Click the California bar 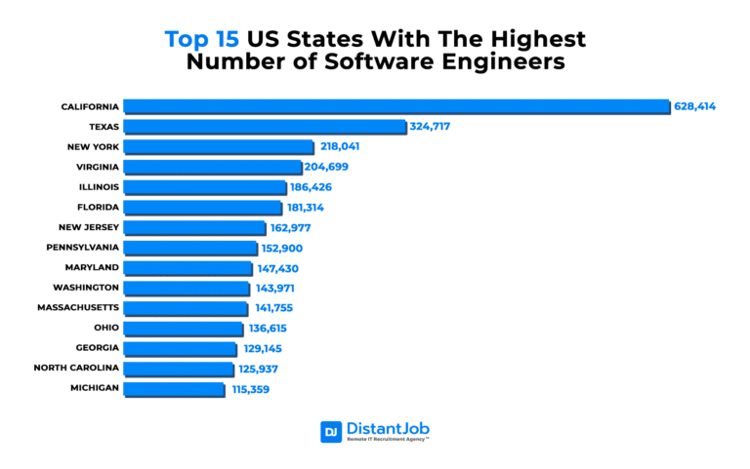(396, 105)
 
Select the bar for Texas (264, 126)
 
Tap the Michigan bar (174, 388)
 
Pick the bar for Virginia (212, 167)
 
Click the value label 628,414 (694, 105)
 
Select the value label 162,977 (296, 227)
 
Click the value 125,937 (262, 369)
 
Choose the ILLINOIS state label (99, 186)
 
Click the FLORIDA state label (98, 207)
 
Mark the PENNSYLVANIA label (83, 248)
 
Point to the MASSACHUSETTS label (79, 308)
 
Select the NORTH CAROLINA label (76, 368)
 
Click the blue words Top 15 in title (202, 40)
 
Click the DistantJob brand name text (388, 428)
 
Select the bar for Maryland (188, 267)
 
